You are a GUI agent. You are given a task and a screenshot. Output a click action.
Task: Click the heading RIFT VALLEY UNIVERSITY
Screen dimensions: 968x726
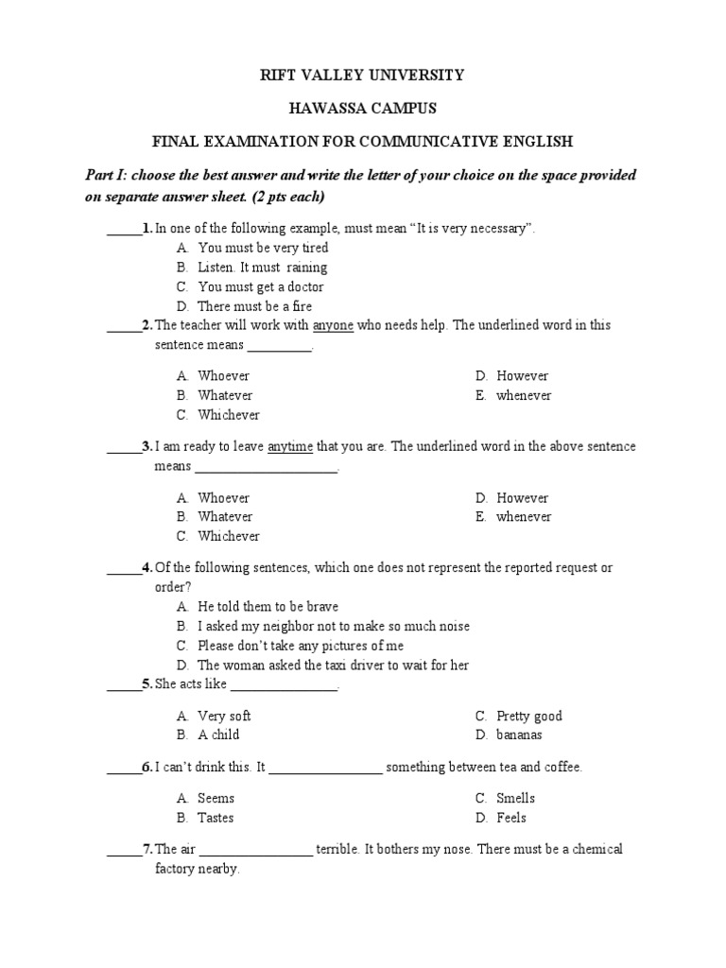(362, 75)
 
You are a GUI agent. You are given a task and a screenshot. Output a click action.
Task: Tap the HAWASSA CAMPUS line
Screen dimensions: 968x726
(362, 109)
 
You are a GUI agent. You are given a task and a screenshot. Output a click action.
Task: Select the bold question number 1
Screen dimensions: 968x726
(147, 228)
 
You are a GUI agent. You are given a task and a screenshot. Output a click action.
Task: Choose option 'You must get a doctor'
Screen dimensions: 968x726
(261, 286)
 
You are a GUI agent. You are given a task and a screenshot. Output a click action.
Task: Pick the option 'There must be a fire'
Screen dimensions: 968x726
(254, 306)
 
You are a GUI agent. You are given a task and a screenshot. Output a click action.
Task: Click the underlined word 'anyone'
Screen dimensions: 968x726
(333, 325)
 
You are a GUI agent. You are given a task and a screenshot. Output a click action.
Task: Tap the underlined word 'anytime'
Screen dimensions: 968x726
(289, 447)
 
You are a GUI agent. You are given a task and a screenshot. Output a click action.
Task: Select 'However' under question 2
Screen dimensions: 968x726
(522, 376)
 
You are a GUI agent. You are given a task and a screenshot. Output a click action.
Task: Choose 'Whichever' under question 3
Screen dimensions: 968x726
(229, 536)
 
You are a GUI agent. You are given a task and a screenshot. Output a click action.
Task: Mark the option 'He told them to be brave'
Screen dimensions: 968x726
(268, 606)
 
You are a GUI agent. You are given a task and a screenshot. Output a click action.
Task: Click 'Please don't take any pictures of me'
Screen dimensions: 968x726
(301, 646)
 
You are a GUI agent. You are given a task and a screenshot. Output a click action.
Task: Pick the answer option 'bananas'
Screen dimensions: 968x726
(519, 735)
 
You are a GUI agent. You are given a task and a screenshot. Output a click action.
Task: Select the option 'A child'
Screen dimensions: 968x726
(218, 735)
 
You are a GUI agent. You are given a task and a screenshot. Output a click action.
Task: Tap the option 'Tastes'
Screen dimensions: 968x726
(216, 818)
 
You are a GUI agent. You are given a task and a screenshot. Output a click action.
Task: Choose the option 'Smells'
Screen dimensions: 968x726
(515, 798)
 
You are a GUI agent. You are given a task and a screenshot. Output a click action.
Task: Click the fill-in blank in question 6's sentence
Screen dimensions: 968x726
(326, 768)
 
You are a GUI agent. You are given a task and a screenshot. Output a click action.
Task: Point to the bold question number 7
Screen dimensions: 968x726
(147, 849)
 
